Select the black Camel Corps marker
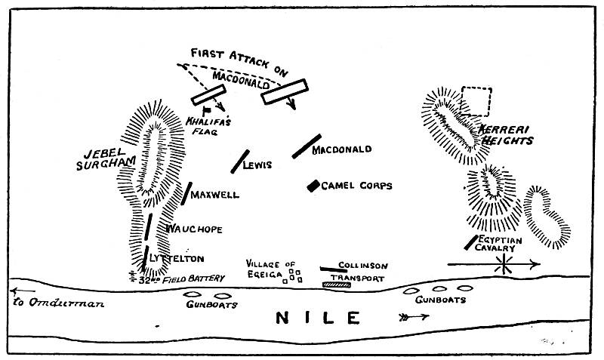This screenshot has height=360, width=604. [312, 186]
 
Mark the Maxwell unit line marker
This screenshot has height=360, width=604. [186, 193]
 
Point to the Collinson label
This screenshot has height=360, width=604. [363, 266]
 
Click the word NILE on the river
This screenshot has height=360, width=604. [316, 318]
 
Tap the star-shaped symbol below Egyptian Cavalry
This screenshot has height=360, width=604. [501, 264]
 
